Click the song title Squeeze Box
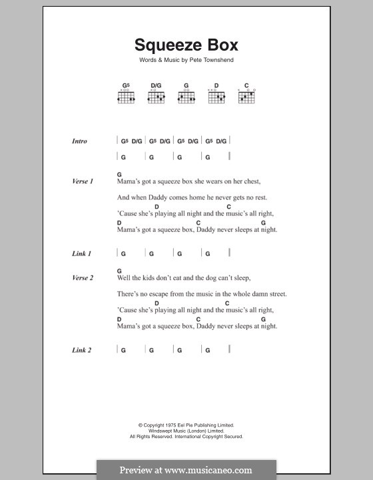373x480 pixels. point(186,45)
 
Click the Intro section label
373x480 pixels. point(80,141)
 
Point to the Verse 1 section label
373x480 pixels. point(82,181)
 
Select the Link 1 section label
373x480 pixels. point(81,253)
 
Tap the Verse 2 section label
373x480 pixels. point(82,277)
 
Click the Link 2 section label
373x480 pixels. point(81,350)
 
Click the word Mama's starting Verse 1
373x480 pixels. point(127,181)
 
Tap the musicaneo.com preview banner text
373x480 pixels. point(186,469)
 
